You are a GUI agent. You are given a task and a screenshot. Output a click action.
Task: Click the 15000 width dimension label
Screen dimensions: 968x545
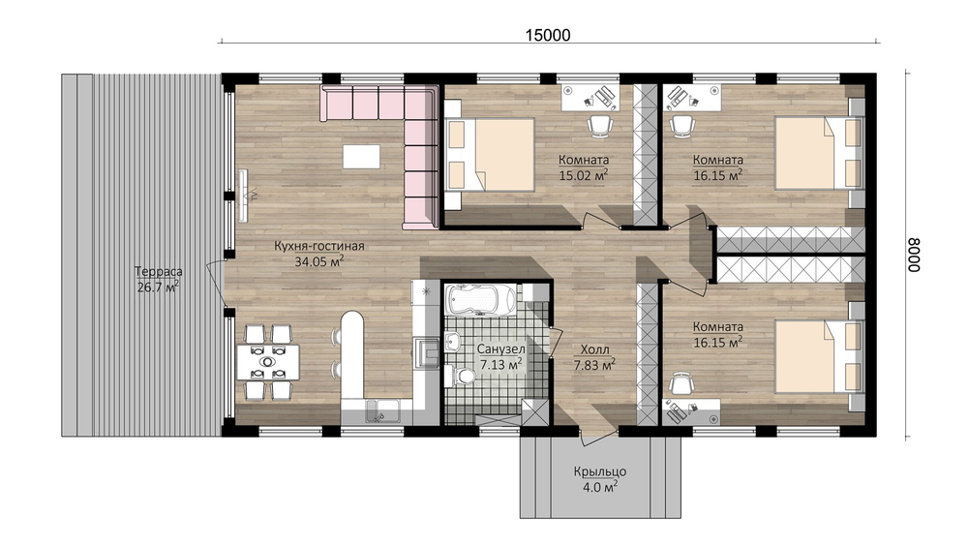click(548, 36)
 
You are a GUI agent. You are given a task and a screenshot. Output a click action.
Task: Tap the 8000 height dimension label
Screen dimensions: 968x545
click(914, 255)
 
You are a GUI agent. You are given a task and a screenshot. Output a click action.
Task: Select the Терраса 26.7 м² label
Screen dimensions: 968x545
click(158, 279)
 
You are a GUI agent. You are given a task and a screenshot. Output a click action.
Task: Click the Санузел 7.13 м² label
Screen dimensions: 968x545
click(500, 357)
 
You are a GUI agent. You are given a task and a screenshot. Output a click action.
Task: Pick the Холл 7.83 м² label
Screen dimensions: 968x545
click(594, 358)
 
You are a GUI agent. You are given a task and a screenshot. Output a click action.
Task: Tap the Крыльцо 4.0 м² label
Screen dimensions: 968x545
click(599, 479)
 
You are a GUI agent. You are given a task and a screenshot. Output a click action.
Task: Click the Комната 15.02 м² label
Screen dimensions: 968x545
click(584, 167)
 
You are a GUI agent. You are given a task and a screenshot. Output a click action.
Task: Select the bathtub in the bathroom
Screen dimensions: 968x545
click(479, 300)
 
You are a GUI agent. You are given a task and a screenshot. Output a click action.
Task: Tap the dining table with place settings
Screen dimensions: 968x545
click(268, 362)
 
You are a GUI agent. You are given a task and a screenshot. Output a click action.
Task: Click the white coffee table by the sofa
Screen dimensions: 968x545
click(362, 156)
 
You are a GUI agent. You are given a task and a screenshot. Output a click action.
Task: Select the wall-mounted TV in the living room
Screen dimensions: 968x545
click(243, 195)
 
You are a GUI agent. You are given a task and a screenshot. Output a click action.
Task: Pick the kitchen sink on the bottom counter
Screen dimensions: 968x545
click(382, 411)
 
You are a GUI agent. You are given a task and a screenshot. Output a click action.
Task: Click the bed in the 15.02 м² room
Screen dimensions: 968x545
click(490, 154)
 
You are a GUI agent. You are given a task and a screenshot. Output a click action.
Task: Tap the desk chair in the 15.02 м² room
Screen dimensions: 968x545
click(599, 125)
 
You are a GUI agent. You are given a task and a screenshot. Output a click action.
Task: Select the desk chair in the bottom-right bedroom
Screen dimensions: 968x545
click(681, 384)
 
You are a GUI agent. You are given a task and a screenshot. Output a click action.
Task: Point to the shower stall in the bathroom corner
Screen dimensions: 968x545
click(533, 412)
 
